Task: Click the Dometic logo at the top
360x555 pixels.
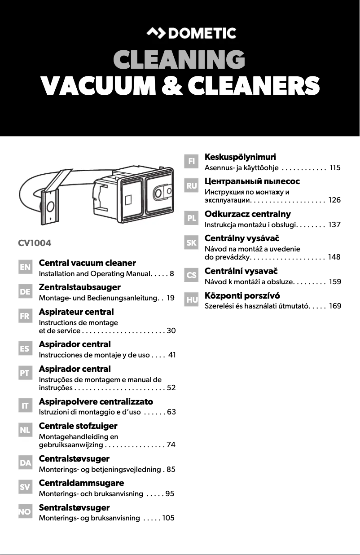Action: pos(192,33)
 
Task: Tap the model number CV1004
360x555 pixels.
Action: pos(35,244)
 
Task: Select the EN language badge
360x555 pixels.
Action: pos(25,267)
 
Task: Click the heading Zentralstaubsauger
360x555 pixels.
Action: pos(79,287)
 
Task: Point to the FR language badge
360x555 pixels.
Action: pos(25,316)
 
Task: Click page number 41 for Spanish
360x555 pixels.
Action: pos(171,355)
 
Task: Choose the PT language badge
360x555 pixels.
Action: pos(25,373)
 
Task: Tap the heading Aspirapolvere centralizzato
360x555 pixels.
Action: pos(96,401)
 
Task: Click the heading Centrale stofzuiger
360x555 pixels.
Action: pos(78,426)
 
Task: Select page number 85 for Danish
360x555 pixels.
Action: pos(171,470)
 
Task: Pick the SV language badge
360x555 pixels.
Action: pos(25,487)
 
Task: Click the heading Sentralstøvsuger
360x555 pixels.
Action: pos(74,508)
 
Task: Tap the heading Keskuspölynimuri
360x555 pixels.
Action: pos(240,157)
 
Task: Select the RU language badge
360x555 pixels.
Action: pos(192,185)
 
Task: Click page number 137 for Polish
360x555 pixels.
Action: pos(334,225)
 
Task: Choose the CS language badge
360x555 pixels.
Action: pos(192,275)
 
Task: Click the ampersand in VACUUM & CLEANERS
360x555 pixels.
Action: pos(176,86)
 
